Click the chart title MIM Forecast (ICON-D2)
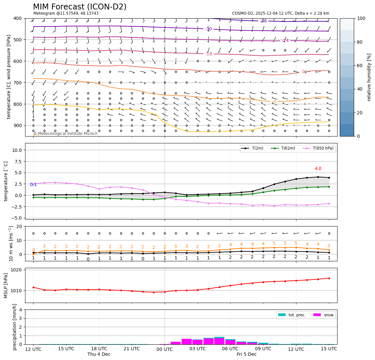tap(80, 7)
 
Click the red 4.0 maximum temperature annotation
tap(318, 168)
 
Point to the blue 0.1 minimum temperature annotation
tap(33, 185)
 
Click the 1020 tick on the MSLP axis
tap(17, 270)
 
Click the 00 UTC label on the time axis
tap(165, 349)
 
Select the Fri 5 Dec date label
tap(247, 354)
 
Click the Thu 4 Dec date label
tap(99, 354)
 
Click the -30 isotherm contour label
tap(209, 29)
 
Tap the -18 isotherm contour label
tap(209, 54)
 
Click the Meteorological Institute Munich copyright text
tap(66, 134)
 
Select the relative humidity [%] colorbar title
tap(369, 77)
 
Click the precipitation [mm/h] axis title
tap(15, 327)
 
